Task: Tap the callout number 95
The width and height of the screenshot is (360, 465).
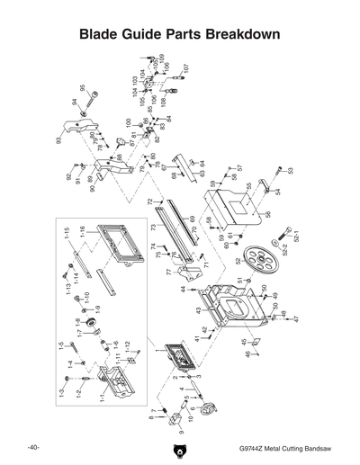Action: pos(83,90)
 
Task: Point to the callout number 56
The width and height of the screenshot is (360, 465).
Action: pos(267,215)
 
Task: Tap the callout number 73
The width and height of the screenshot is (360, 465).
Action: pos(153,228)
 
